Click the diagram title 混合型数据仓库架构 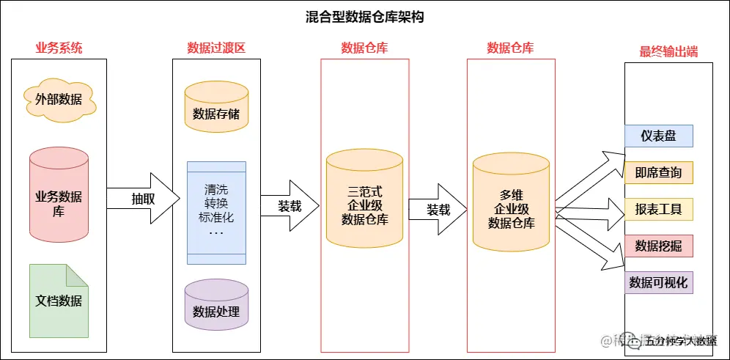tap(364, 17)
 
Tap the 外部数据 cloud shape tap(59, 99)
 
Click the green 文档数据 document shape tap(59, 301)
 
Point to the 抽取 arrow tap(143, 199)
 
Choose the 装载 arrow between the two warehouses tap(438, 210)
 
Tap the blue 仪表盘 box tap(658, 136)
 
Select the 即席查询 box tap(658, 172)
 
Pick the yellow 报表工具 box tap(658, 209)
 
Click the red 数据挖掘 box tap(658, 246)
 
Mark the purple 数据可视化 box tap(658, 282)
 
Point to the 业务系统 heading tap(59, 48)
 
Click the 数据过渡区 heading tap(216, 48)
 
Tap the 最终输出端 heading tap(668, 52)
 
